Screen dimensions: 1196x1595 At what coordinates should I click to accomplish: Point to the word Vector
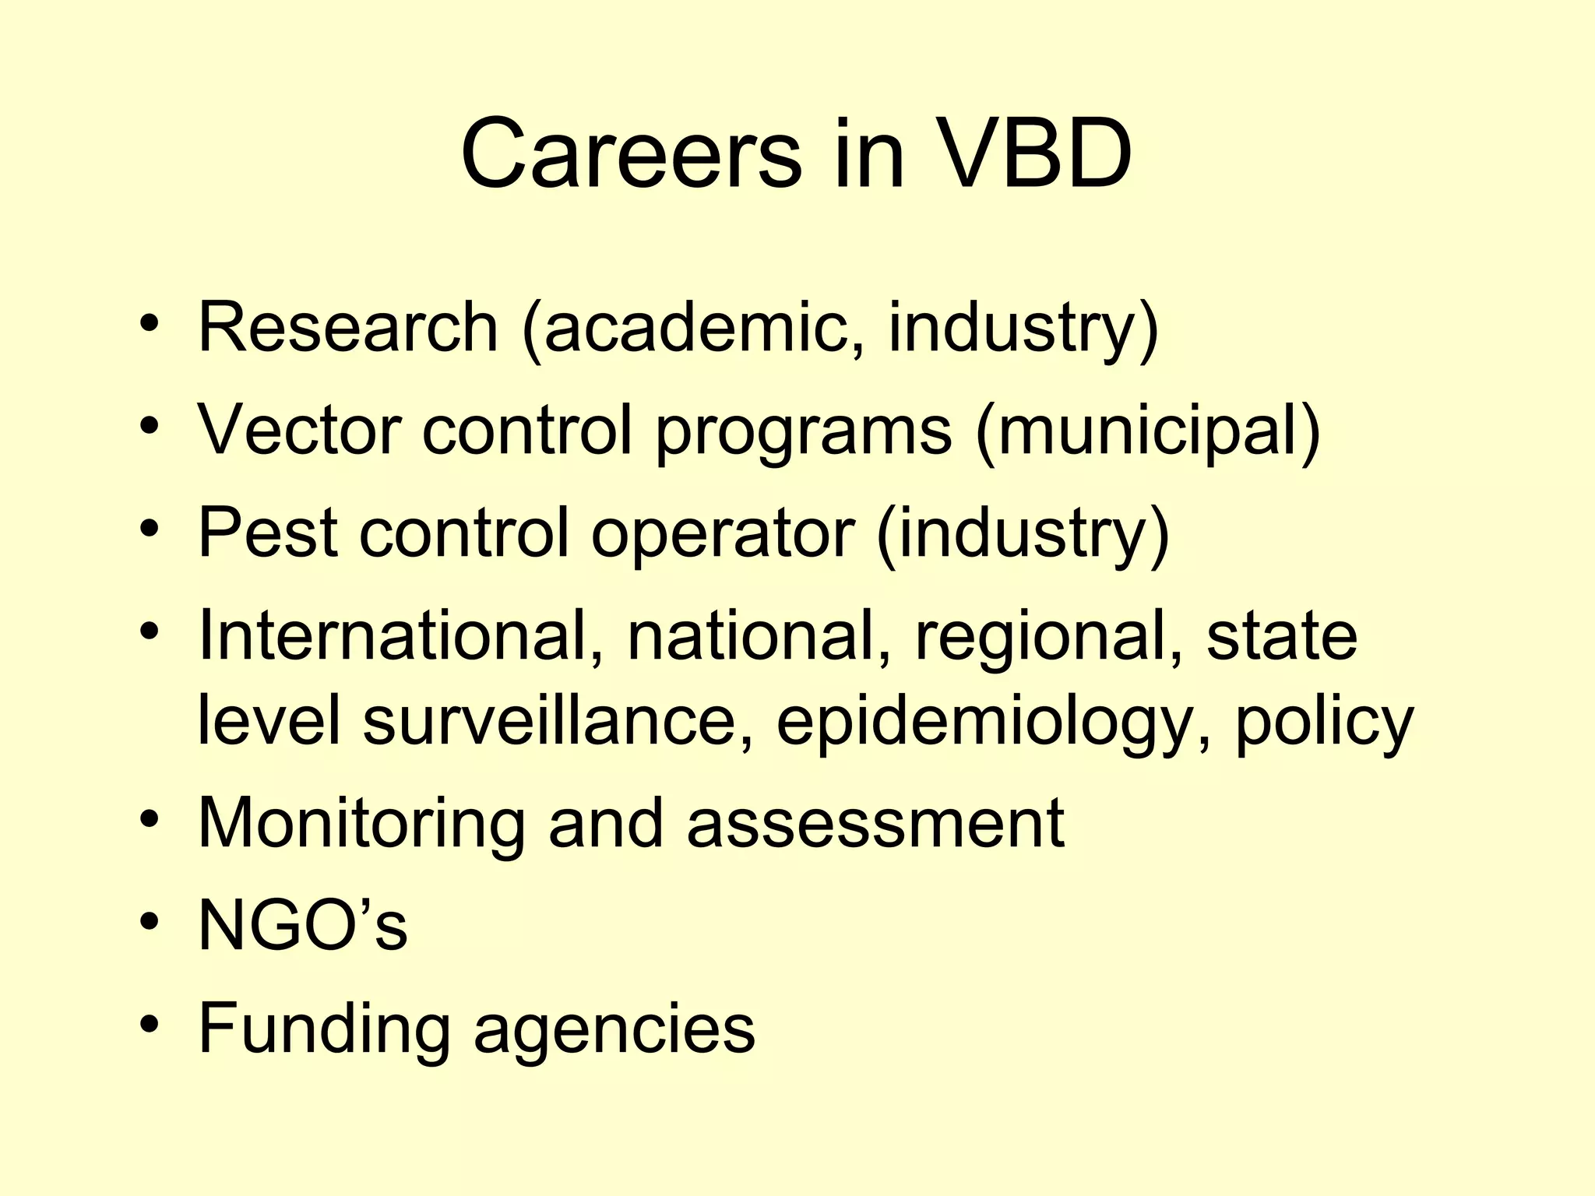pos(301,430)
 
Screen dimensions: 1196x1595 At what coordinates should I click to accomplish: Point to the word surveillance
pos(550,719)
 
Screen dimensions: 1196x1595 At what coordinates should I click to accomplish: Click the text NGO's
pos(303,925)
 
